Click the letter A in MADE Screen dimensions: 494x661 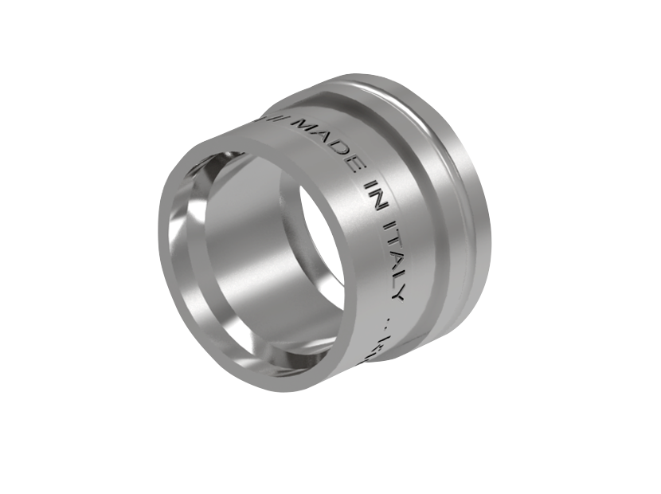[323, 136]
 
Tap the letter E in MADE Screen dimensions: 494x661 [350, 163]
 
